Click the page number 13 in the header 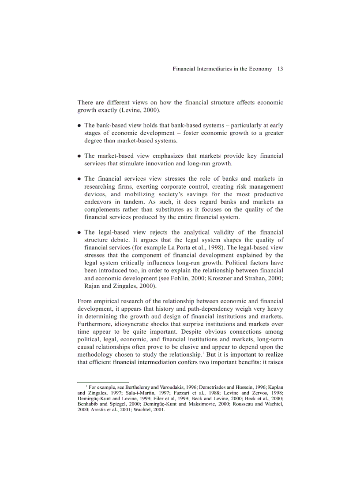pos(280,69)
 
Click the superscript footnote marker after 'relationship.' pos(203,352)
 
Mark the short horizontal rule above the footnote pos(103,382)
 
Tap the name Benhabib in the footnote pos(88,404)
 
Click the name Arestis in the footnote pos(98,409)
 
